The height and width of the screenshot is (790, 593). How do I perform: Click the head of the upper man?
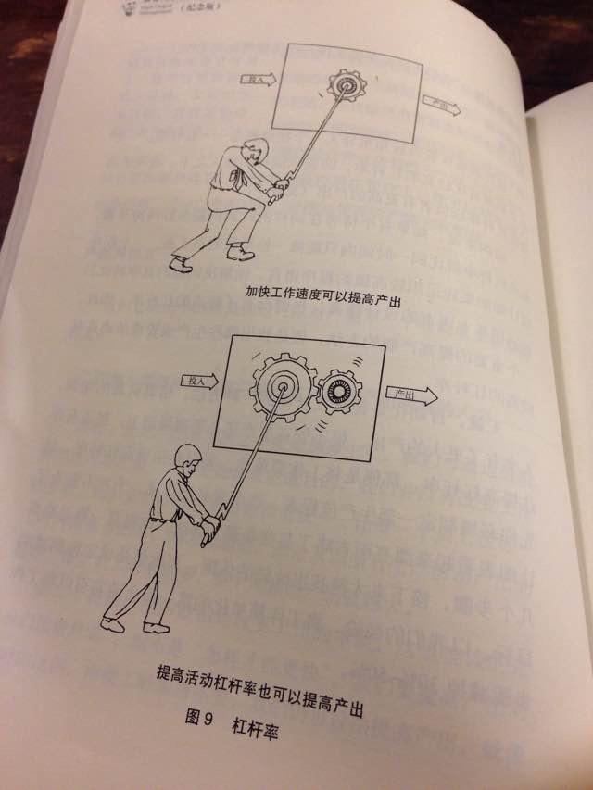pos(252,151)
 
